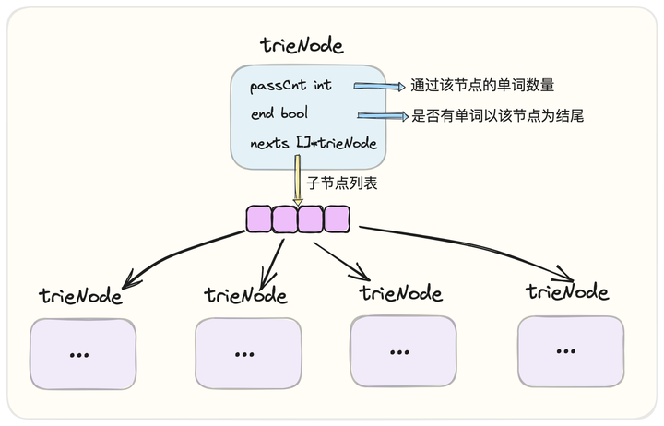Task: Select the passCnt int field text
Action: tap(290, 86)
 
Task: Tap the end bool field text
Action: tap(279, 114)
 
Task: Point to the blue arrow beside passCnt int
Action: tap(380, 87)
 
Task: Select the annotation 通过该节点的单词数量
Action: tap(482, 87)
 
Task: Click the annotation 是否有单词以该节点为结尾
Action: tap(497, 116)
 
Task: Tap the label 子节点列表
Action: tap(341, 183)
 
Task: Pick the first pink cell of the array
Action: tap(259, 219)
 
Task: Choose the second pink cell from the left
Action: tap(285, 219)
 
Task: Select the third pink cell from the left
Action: tap(311, 219)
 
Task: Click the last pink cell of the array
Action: tap(337, 219)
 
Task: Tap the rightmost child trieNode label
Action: tap(567, 292)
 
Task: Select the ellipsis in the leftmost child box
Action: tap(79, 354)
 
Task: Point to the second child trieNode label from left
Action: tap(245, 295)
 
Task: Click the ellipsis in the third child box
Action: tap(398, 352)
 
